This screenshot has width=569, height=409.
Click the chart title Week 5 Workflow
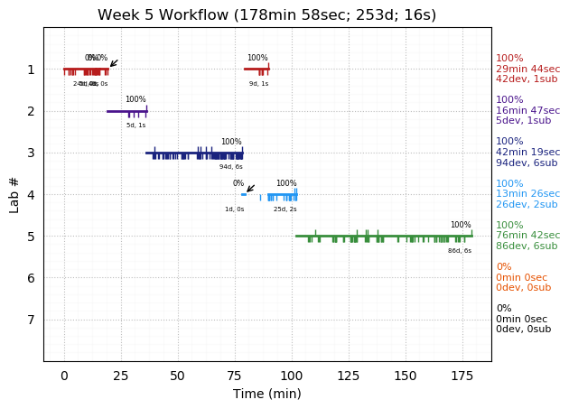(x=266, y=15)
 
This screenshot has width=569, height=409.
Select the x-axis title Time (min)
(x=266, y=394)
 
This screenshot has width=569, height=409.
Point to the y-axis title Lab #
(x=14, y=194)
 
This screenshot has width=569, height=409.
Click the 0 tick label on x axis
(x=64, y=376)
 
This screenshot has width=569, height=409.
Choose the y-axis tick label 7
(x=31, y=320)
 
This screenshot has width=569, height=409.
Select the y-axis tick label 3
(x=31, y=153)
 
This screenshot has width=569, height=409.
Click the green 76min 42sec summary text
(x=527, y=236)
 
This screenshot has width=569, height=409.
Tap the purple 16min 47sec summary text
(x=527, y=110)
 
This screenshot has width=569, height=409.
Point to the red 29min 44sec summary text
(x=527, y=69)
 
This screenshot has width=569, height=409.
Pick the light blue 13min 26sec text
(x=527, y=194)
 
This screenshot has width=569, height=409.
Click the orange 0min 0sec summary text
(x=521, y=277)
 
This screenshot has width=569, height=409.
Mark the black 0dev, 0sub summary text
(x=523, y=330)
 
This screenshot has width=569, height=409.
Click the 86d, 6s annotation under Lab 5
(x=460, y=251)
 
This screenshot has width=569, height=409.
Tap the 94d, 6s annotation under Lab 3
(x=231, y=167)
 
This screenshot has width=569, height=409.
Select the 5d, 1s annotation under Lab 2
(x=136, y=125)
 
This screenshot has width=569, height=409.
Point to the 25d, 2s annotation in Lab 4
(x=285, y=209)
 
